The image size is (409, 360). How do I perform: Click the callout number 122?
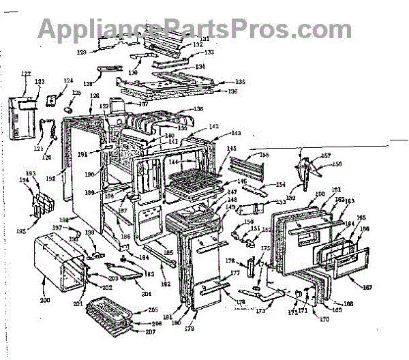click(x=26, y=74)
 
